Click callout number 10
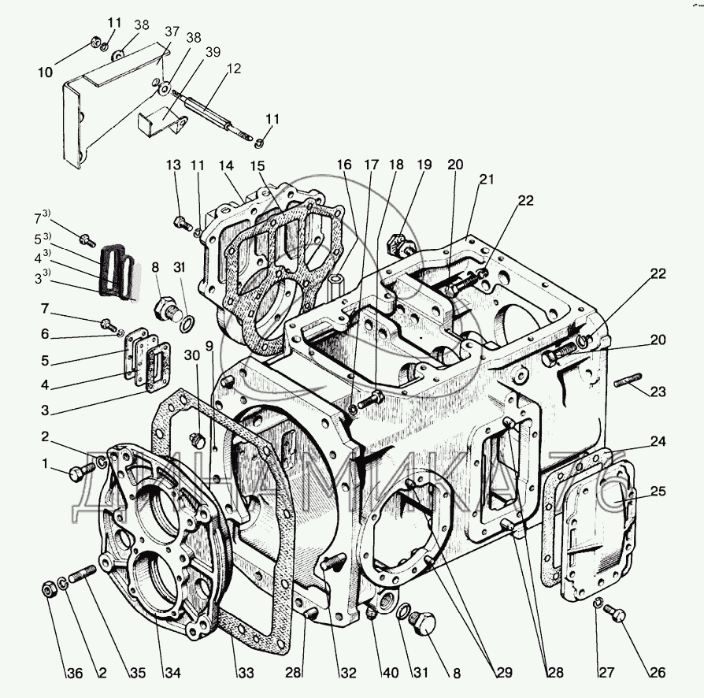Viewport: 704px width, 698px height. tap(46, 72)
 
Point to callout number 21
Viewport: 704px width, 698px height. tap(486, 179)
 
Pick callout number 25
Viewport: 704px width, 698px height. tap(658, 492)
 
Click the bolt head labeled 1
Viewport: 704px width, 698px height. tap(76, 473)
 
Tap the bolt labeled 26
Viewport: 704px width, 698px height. tap(617, 616)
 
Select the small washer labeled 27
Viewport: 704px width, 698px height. tap(598, 604)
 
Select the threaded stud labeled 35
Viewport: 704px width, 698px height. tap(82, 577)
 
